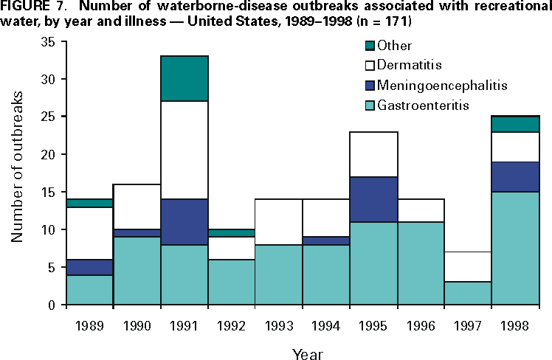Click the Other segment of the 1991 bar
pos(184,78)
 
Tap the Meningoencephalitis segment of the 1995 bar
pos(373,199)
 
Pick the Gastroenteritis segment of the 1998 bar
pos(515,248)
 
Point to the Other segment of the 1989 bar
pos(89,203)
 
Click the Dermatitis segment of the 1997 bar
pos(468,266)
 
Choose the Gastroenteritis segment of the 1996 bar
pos(421,263)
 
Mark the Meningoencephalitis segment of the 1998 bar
pos(515,176)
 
